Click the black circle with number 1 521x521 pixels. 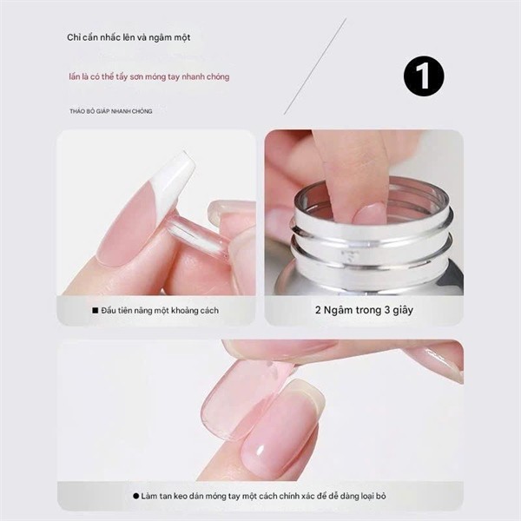pyautogui.click(x=424, y=76)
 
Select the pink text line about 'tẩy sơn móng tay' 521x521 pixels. pyautogui.click(x=149, y=76)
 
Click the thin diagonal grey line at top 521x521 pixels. pyautogui.click(x=315, y=66)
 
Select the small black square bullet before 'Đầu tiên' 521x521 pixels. pyautogui.click(x=96, y=310)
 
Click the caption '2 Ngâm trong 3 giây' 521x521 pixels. pyautogui.click(x=363, y=310)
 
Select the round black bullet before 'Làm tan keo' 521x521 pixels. pyautogui.click(x=136, y=496)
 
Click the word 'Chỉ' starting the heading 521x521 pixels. pyautogui.click(x=75, y=37)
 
